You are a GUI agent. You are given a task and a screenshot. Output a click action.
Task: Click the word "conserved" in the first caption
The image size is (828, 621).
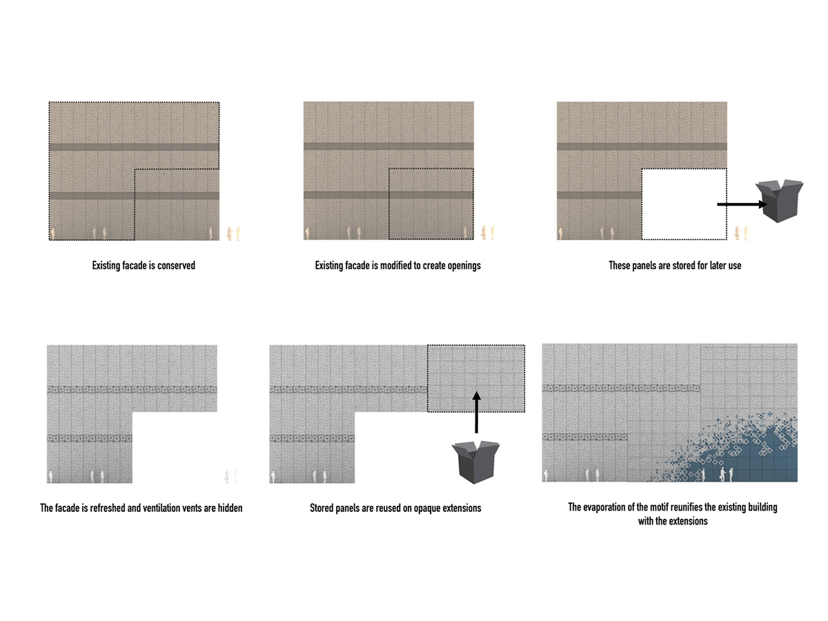tap(176, 266)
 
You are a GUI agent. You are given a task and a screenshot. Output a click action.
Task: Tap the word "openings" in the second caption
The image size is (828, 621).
tap(464, 266)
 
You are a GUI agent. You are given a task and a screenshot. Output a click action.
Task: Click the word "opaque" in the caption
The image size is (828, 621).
tap(427, 509)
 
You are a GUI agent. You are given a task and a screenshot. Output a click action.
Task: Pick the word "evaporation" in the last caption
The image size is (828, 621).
tap(604, 508)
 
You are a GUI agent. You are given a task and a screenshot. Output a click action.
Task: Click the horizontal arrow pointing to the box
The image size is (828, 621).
tap(742, 204)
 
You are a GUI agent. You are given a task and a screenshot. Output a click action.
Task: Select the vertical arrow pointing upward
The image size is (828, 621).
tap(476, 412)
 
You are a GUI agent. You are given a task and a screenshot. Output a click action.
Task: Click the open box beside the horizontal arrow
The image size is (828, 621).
tap(778, 200)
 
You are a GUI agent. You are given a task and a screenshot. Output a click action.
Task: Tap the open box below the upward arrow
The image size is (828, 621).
tap(475, 462)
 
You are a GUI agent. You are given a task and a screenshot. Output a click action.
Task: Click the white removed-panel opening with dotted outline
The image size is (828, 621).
tap(684, 204)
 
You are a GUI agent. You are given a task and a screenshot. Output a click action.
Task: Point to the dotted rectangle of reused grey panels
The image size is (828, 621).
tap(475, 378)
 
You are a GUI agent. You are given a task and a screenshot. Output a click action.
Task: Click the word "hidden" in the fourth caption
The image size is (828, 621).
tap(230, 508)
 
